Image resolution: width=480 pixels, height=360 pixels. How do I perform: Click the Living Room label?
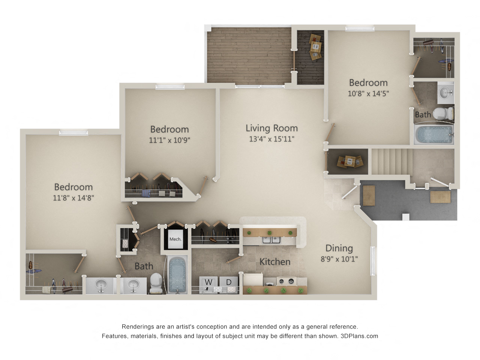[271, 128]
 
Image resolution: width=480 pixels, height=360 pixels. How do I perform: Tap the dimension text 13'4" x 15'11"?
[271, 139]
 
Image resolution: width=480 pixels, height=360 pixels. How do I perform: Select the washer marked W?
[208, 284]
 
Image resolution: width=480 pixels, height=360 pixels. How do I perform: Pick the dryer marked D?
[228, 284]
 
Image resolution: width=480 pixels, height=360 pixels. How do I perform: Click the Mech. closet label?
[175, 239]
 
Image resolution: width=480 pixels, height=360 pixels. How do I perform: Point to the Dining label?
[339, 248]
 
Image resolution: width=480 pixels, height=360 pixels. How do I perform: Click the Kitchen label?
[275, 262]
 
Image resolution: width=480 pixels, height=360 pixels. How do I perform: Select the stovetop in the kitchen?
[286, 281]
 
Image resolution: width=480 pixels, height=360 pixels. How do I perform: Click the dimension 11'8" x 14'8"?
[73, 198]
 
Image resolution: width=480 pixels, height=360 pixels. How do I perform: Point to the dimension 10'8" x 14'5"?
[368, 93]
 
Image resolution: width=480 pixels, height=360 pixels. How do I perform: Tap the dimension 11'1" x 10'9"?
[169, 140]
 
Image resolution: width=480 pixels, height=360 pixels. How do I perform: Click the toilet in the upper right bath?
[443, 113]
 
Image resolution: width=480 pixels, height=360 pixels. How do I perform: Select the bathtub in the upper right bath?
[434, 134]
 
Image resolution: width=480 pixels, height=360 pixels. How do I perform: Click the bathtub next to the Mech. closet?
[177, 275]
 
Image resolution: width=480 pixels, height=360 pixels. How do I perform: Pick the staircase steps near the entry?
[392, 162]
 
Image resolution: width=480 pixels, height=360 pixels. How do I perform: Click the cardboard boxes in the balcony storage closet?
[315, 46]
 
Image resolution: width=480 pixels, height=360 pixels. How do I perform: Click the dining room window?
[373, 261]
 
